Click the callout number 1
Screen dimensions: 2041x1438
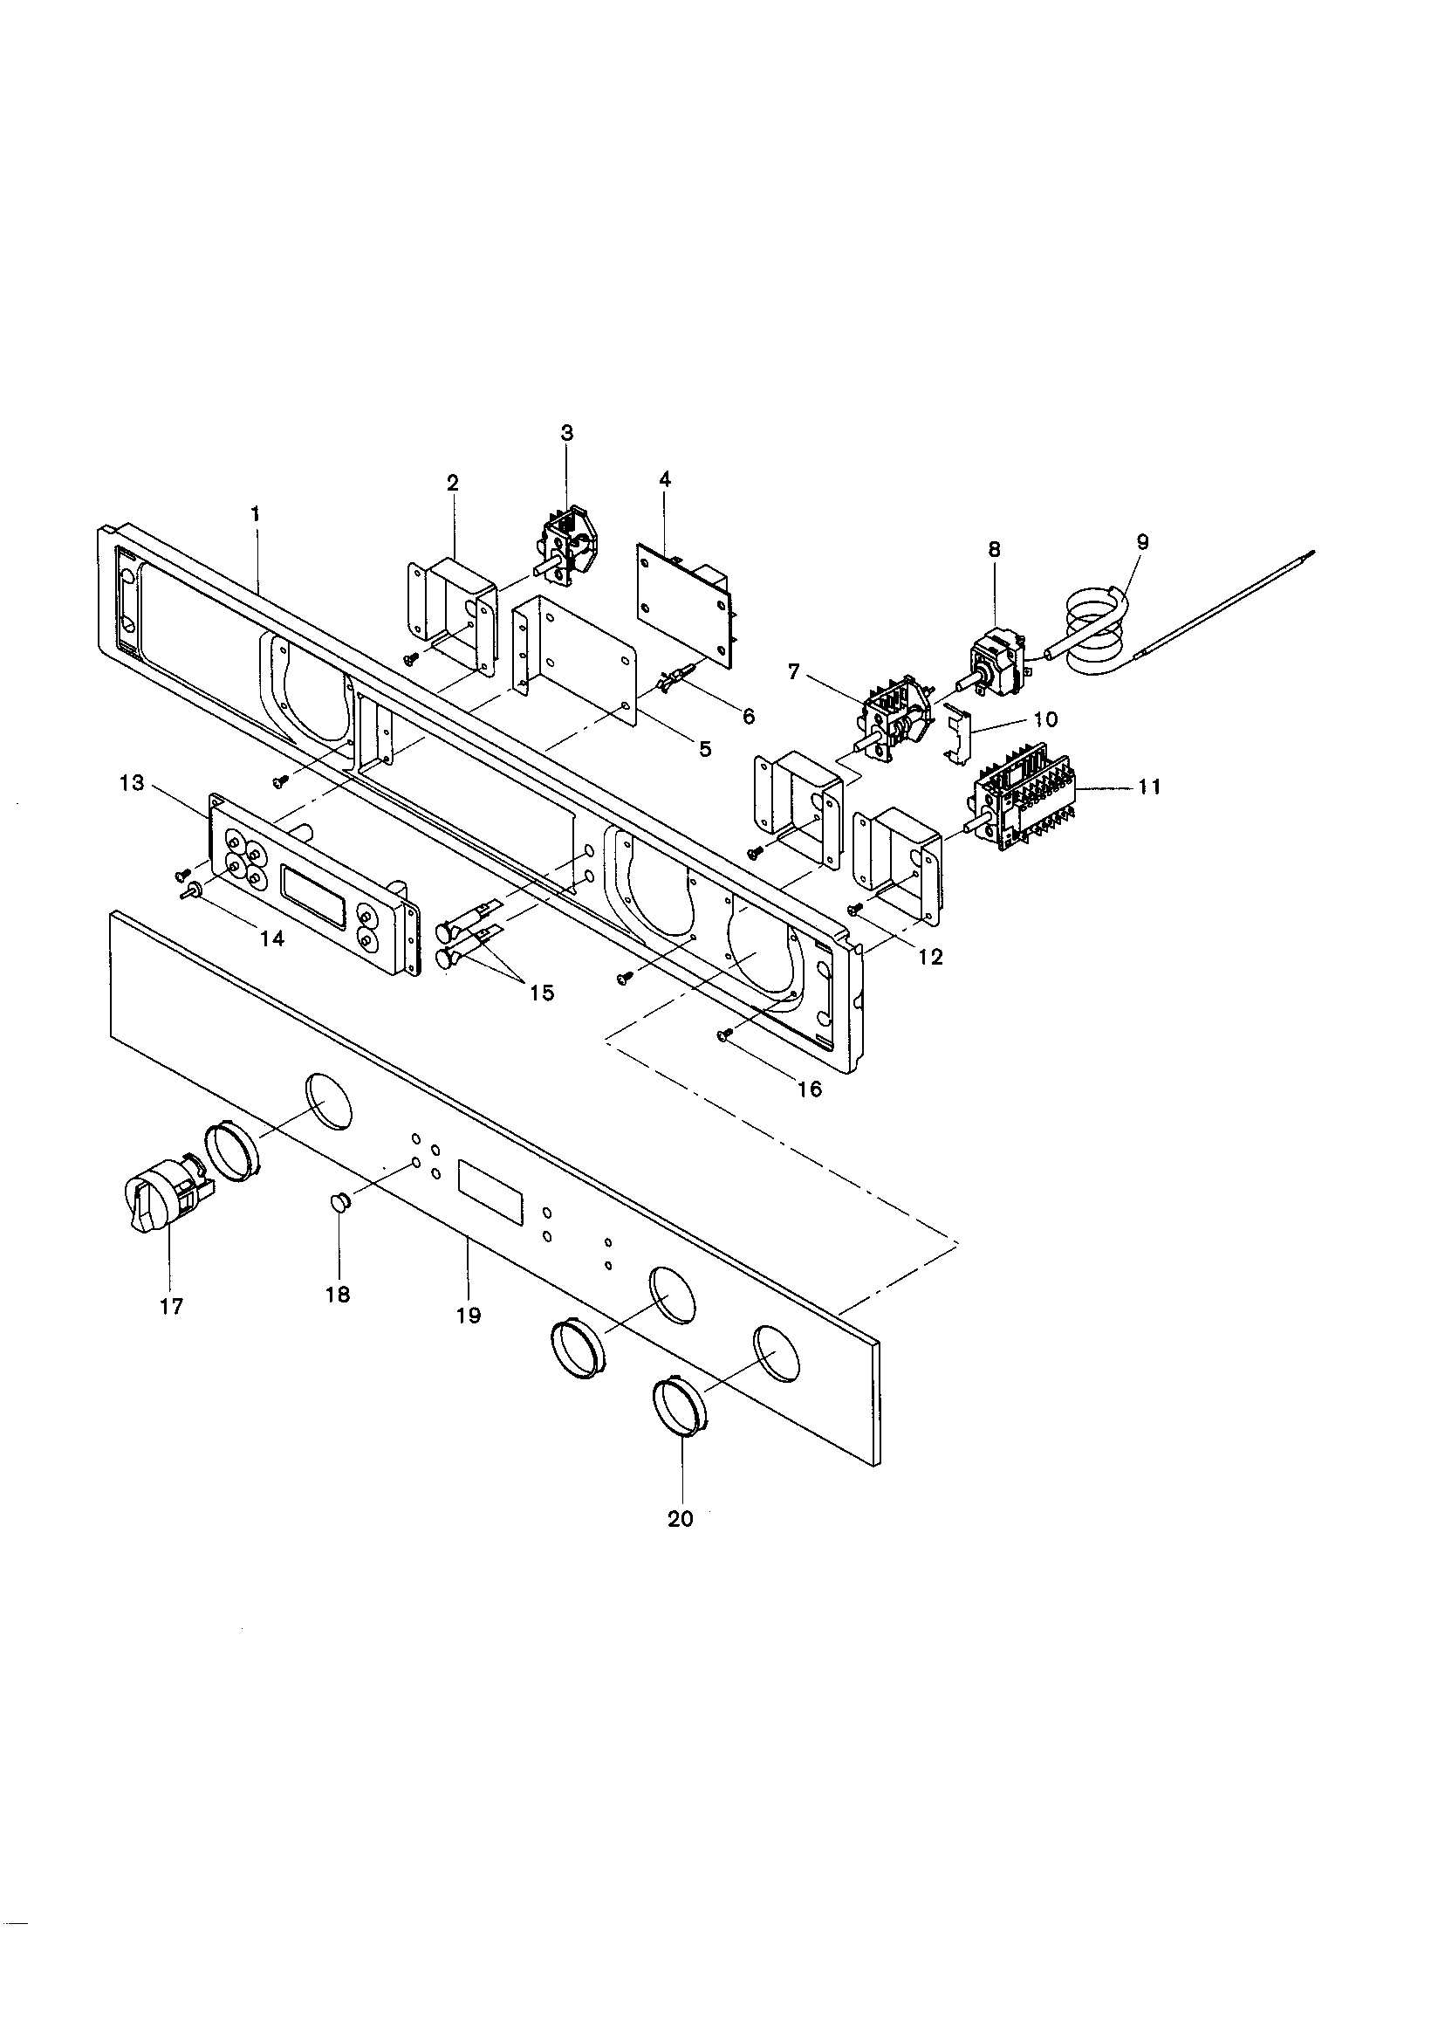(x=256, y=514)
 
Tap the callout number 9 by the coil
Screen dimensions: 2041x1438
(x=1142, y=541)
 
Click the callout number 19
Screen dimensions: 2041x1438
(x=469, y=1316)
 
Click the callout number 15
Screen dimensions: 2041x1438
(x=541, y=992)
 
